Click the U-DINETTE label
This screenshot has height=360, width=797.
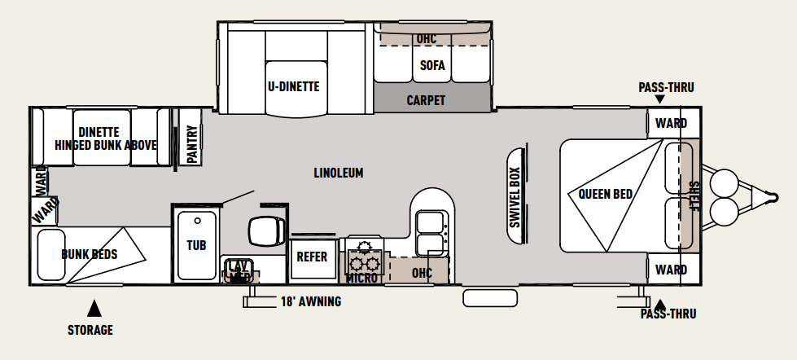294,86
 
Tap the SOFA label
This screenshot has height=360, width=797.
432,65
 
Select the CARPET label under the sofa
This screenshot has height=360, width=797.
426,101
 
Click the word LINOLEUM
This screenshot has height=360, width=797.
339,173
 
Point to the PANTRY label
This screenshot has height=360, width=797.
191,145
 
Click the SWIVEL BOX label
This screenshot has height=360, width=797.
515,197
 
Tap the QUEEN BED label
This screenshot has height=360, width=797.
606,194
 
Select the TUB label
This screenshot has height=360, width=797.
196,245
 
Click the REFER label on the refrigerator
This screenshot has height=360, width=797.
312,257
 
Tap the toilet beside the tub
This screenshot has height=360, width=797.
266,230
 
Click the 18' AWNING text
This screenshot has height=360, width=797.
311,301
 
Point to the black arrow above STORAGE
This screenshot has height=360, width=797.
94,309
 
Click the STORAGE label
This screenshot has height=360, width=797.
90,330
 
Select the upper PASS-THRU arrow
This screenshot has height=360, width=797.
659,99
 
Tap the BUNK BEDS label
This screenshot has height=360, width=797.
90,254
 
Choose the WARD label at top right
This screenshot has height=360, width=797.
671,123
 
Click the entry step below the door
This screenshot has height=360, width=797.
490,298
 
